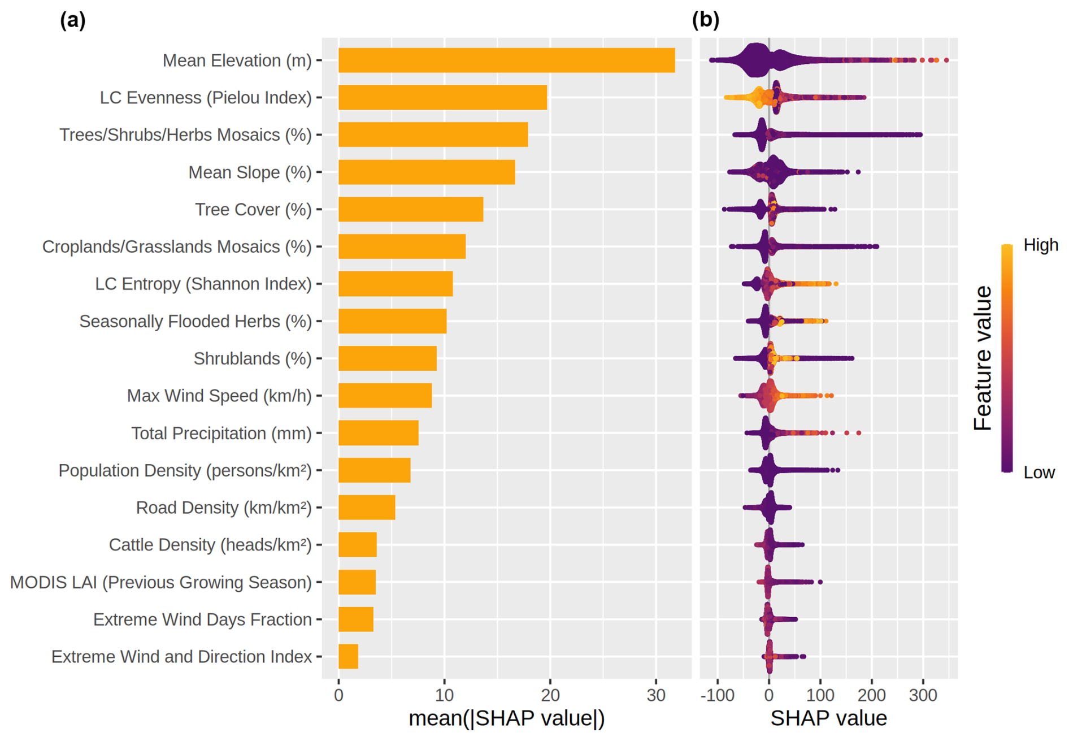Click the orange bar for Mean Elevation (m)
coord(506,60)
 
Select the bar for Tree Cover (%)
coord(411,210)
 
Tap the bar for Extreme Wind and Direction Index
coord(348,657)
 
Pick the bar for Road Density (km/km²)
coord(367,508)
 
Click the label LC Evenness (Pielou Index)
coord(206,98)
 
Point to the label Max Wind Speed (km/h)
coord(219,396)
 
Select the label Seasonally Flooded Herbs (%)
coord(195,322)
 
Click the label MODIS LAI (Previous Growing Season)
coord(161,582)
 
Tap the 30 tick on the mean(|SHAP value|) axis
coord(656,695)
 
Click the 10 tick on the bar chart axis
coord(444,695)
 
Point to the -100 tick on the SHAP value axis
coord(717,695)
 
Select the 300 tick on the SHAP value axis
coord(923,695)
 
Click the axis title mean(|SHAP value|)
coord(506,718)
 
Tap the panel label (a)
coord(73,20)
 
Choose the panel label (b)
coord(706,20)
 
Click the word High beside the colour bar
coord(1041,245)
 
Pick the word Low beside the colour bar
coord(1039,473)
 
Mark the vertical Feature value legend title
coord(983,358)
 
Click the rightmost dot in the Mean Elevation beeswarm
coord(946,60)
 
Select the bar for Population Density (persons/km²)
coord(374,470)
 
